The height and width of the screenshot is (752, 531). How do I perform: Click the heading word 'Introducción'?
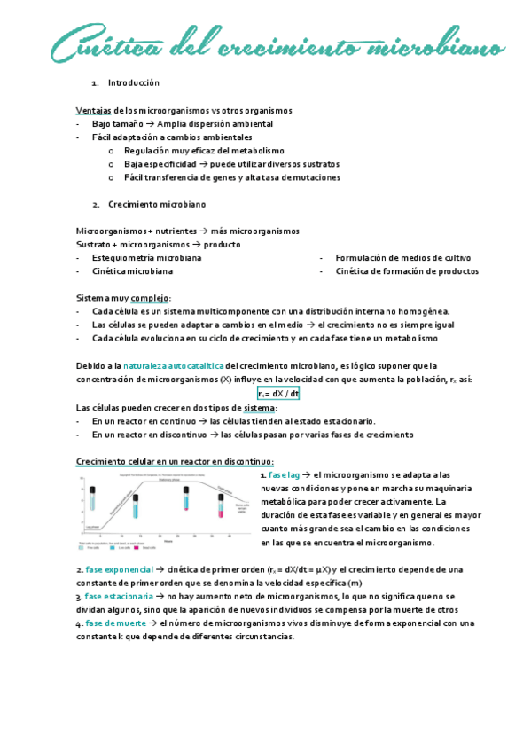tap(134, 82)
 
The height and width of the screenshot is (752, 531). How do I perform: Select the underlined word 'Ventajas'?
tap(94, 110)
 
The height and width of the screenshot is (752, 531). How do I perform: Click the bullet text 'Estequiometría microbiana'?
tap(146, 258)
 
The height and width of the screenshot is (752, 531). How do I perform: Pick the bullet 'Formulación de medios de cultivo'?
tap(403, 258)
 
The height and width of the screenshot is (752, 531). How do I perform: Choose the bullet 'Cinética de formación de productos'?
tap(407, 271)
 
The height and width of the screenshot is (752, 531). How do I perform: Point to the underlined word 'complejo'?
tap(151, 298)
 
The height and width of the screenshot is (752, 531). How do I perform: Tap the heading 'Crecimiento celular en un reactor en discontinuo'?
tap(175, 461)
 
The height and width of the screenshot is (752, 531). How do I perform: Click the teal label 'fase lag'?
tap(285, 475)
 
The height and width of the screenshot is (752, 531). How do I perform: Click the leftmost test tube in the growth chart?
tap(91, 500)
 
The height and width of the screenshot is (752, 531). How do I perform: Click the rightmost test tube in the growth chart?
tap(222, 505)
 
